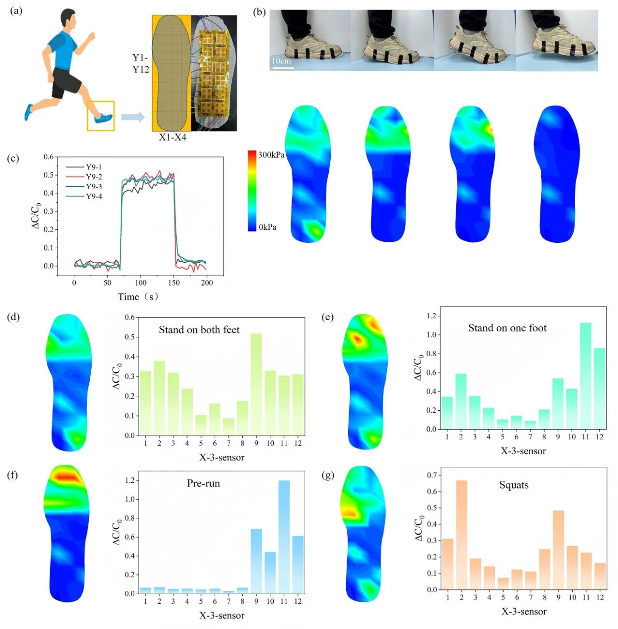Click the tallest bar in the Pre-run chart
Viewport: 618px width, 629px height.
pyautogui.click(x=284, y=536)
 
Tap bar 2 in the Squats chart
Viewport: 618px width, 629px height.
pyautogui.click(x=462, y=534)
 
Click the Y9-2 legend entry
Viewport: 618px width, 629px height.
pyautogui.click(x=94, y=177)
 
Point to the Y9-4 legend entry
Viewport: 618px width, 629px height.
pyautogui.click(x=94, y=196)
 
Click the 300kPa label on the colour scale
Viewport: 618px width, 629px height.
pyautogui.click(x=271, y=155)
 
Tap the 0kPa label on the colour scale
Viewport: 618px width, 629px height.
pyautogui.click(x=267, y=227)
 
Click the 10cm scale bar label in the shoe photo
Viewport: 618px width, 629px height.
pyautogui.click(x=281, y=61)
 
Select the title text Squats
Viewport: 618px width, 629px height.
pyautogui.click(x=514, y=485)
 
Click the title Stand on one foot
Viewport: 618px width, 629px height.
pyautogui.click(x=507, y=328)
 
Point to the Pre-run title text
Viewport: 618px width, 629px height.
pyautogui.click(x=203, y=483)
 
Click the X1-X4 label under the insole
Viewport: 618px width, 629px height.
pyautogui.click(x=172, y=137)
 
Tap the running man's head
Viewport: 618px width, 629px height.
pyautogui.click(x=68, y=21)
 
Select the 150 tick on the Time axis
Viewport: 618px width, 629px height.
pyautogui.click(x=174, y=283)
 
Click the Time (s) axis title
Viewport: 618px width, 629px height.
pyautogui.click(x=138, y=296)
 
